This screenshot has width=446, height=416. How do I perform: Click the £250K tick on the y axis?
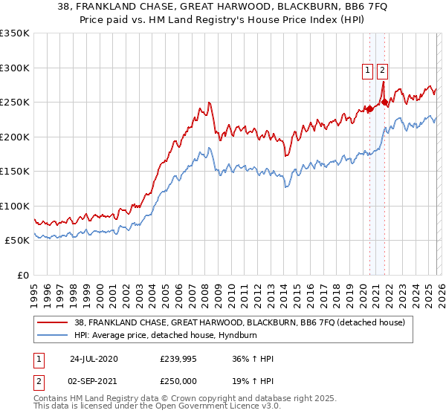point(15,103)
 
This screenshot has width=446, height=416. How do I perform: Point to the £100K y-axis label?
point(15,206)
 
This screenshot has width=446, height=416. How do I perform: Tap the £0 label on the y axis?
point(22,275)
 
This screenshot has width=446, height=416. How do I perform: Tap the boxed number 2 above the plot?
point(382,71)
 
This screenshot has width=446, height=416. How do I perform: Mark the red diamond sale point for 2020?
point(369,109)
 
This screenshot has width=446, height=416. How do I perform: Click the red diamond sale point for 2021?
point(384,103)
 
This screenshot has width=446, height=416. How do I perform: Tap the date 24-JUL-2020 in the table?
point(94,359)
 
